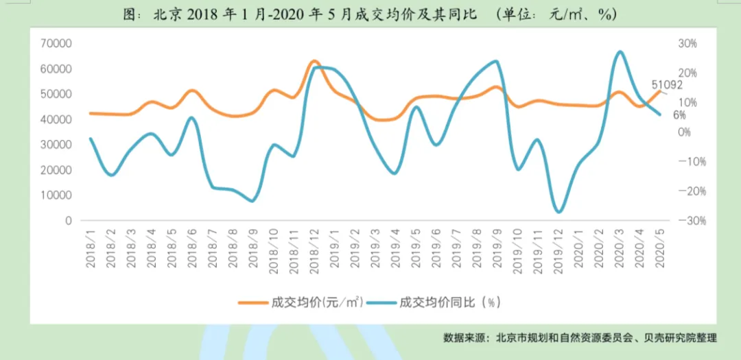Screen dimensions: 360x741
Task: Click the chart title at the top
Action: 370,14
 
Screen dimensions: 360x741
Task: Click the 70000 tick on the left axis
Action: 58,43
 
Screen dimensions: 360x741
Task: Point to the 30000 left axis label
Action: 58,145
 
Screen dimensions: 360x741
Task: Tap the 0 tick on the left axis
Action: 69,221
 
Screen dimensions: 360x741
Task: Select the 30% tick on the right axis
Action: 687,43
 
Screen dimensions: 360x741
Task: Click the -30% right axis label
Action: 685,221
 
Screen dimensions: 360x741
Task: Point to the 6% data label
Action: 679,115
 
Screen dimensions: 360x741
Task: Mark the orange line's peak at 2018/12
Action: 314,62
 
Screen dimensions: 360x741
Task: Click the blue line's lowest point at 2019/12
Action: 558,212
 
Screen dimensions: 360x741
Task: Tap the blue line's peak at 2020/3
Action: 619,51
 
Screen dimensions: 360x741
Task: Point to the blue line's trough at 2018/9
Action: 252,201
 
